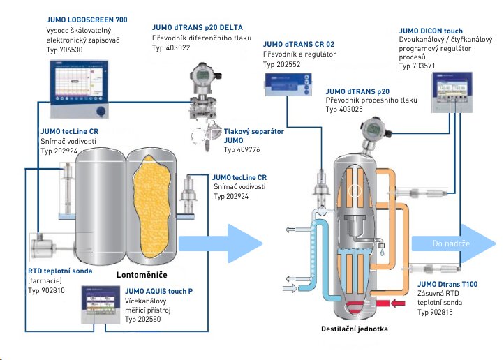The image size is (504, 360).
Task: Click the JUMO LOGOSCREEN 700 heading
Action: tap(87, 20)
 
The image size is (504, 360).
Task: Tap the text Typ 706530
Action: tap(64, 50)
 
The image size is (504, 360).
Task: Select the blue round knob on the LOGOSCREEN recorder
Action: tap(101, 111)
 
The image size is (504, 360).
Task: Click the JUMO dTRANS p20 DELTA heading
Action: tap(198, 28)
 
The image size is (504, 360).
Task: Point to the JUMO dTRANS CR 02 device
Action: tap(288, 85)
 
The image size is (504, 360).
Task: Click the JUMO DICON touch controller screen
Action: tap(452, 87)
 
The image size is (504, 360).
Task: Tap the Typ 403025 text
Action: tap(344, 110)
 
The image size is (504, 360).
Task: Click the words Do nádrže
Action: tap(451, 243)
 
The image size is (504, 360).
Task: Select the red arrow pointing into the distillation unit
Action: tap(398, 303)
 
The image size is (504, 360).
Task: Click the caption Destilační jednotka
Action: tap(354, 329)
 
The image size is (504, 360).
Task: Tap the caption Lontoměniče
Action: tap(142, 275)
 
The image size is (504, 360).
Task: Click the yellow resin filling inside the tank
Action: tap(151, 206)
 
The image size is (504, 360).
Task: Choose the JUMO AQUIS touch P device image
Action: tap(101, 304)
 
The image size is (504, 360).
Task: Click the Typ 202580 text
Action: tap(142, 320)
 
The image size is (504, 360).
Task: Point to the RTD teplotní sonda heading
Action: tap(60, 271)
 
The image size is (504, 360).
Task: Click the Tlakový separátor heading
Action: tap(254, 132)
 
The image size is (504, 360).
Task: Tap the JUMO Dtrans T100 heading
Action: tap(447, 284)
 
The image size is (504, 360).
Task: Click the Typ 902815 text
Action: tap(435, 312)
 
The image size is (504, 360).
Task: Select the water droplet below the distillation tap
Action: tap(382, 253)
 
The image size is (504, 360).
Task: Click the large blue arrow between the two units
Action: tap(221, 243)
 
